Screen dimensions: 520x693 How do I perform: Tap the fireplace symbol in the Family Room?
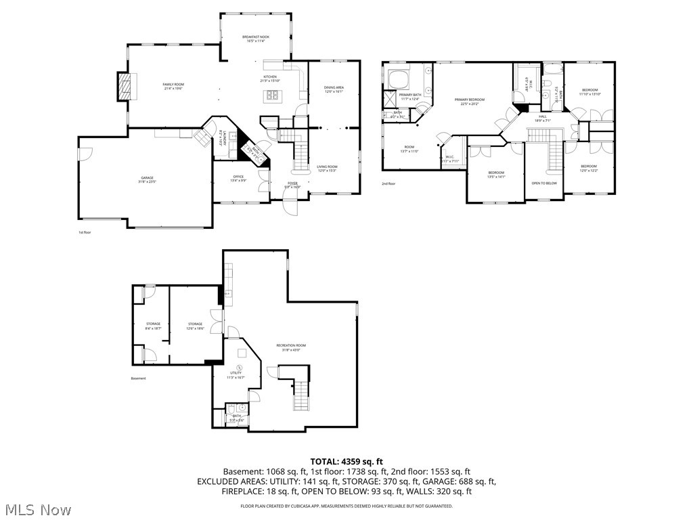[x=124, y=86]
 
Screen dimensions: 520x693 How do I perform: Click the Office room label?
[x=238, y=178]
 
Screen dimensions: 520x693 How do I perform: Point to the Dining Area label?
[x=334, y=89]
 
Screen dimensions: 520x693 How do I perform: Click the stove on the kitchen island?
[x=273, y=95]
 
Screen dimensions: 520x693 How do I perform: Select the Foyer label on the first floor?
[x=292, y=184]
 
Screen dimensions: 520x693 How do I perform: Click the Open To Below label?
[x=544, y=183]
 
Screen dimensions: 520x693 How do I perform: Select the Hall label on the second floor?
[x=543, y=118]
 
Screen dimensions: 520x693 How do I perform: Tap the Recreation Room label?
[x=291, y=347]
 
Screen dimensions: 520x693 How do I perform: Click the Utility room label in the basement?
[x=236, y=374]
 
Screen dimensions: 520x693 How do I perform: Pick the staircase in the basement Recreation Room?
[x=302, y=395]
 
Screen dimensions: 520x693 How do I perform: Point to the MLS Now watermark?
[x=37, y=509]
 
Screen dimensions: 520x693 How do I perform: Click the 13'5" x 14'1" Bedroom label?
[x=497, y=175]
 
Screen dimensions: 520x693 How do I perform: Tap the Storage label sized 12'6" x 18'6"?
[x=196, y=326]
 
